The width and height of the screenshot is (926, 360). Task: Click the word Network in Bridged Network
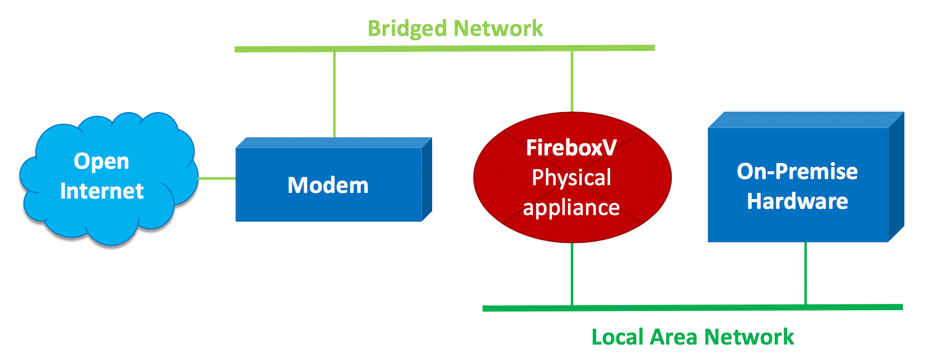(498, 29)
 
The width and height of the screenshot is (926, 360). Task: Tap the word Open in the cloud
(101, 161)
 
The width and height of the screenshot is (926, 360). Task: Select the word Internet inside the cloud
(102, 191)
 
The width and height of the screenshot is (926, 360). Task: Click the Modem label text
(328, 185)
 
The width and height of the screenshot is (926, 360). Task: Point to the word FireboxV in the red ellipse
(571, 148)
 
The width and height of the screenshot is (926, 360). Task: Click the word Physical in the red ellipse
(571, 178)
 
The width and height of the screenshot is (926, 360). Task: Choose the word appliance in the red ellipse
(571, 208)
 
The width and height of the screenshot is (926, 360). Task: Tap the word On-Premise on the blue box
(797, 171)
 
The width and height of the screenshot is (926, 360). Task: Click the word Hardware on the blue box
(797, 201)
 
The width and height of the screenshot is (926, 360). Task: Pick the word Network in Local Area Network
(749, 337)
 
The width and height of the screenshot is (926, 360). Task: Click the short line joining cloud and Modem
(217, 178)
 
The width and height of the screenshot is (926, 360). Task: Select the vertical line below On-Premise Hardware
(806, 274)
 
